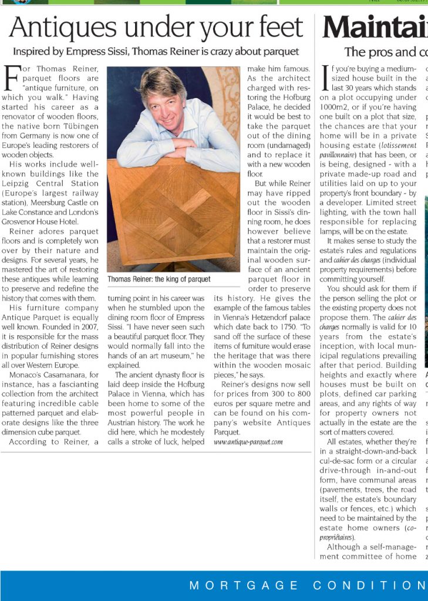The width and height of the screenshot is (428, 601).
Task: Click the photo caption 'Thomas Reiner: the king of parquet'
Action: [x=159, y=279]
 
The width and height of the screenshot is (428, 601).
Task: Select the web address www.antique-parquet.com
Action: [x=248, y=441]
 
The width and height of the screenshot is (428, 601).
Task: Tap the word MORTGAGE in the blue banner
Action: [x=244, y=586]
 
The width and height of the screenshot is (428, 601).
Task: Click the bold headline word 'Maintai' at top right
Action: [x=375, y=28]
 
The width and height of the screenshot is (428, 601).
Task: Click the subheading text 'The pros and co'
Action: [x=386, y=52]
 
